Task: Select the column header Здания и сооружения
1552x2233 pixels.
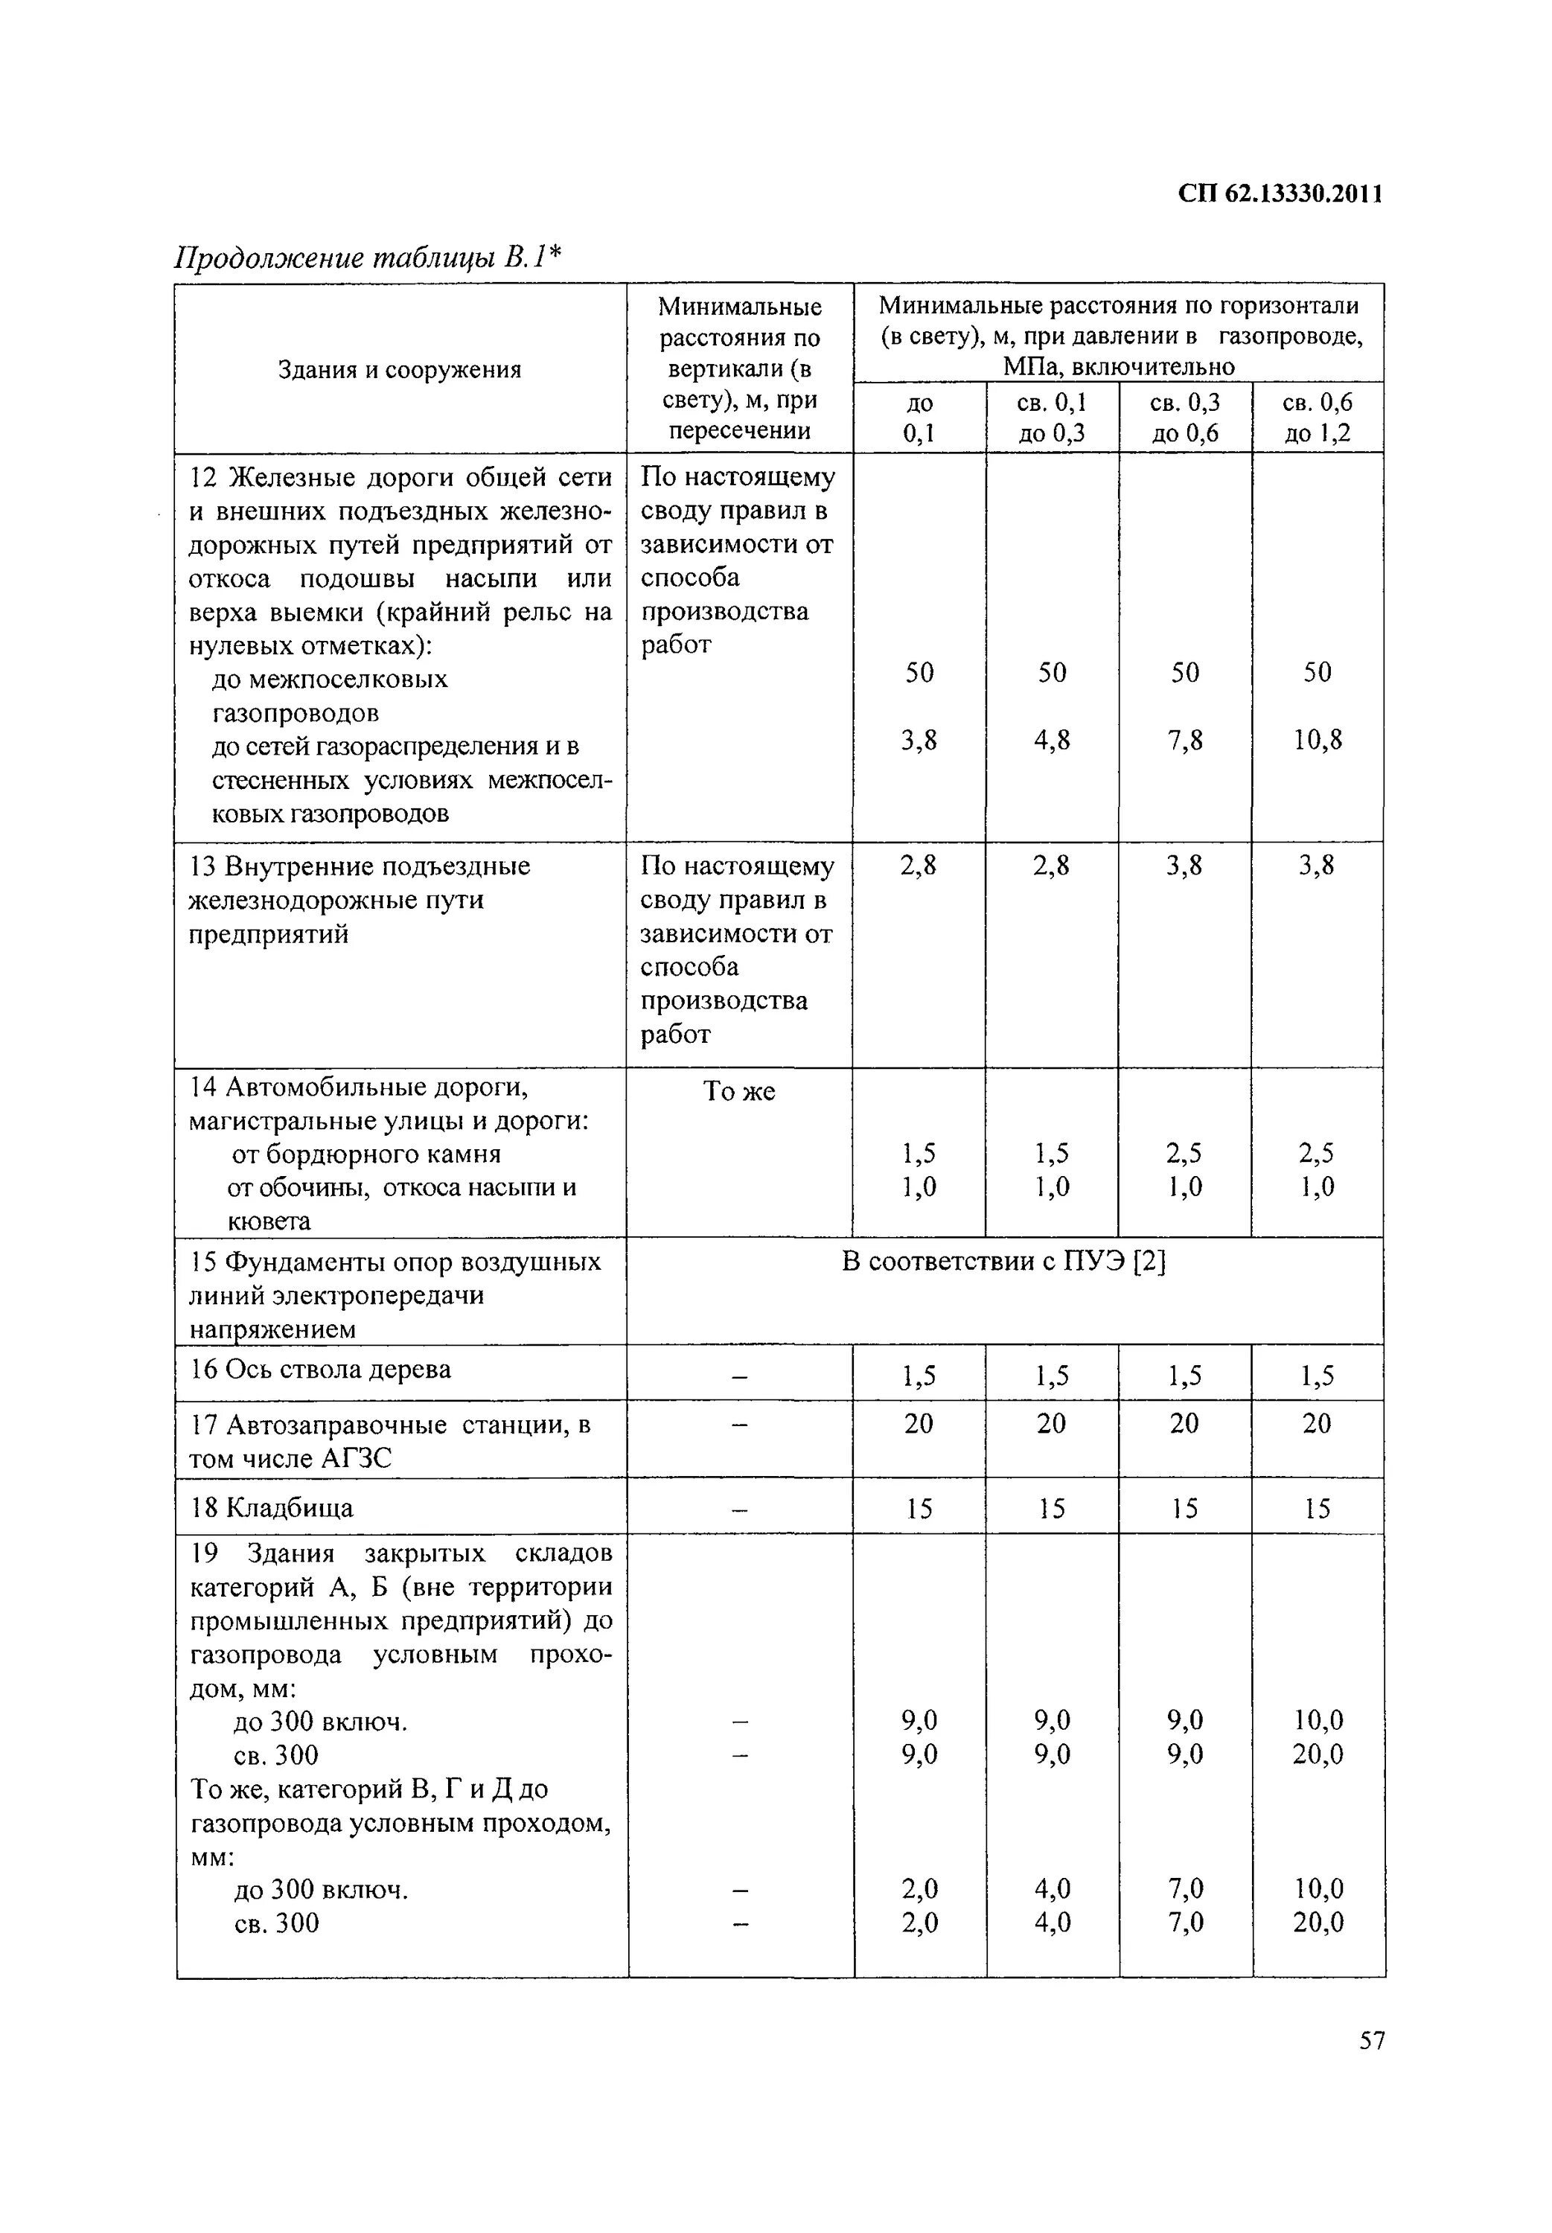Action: [x=400, y=369]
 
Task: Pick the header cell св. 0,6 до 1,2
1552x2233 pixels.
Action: [x=1317, y=417]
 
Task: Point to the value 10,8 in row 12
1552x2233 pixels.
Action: [x=1317, y=741]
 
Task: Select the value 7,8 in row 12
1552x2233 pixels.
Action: [x=1184, y=741]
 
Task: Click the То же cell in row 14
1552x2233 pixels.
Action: [x=738, y=1092]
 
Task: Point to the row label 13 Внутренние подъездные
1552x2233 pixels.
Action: [x=359, y=866]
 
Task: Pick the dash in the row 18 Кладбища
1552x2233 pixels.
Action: [x=739, y=1510]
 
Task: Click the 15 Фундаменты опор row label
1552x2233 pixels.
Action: [x=395, y=1262]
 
